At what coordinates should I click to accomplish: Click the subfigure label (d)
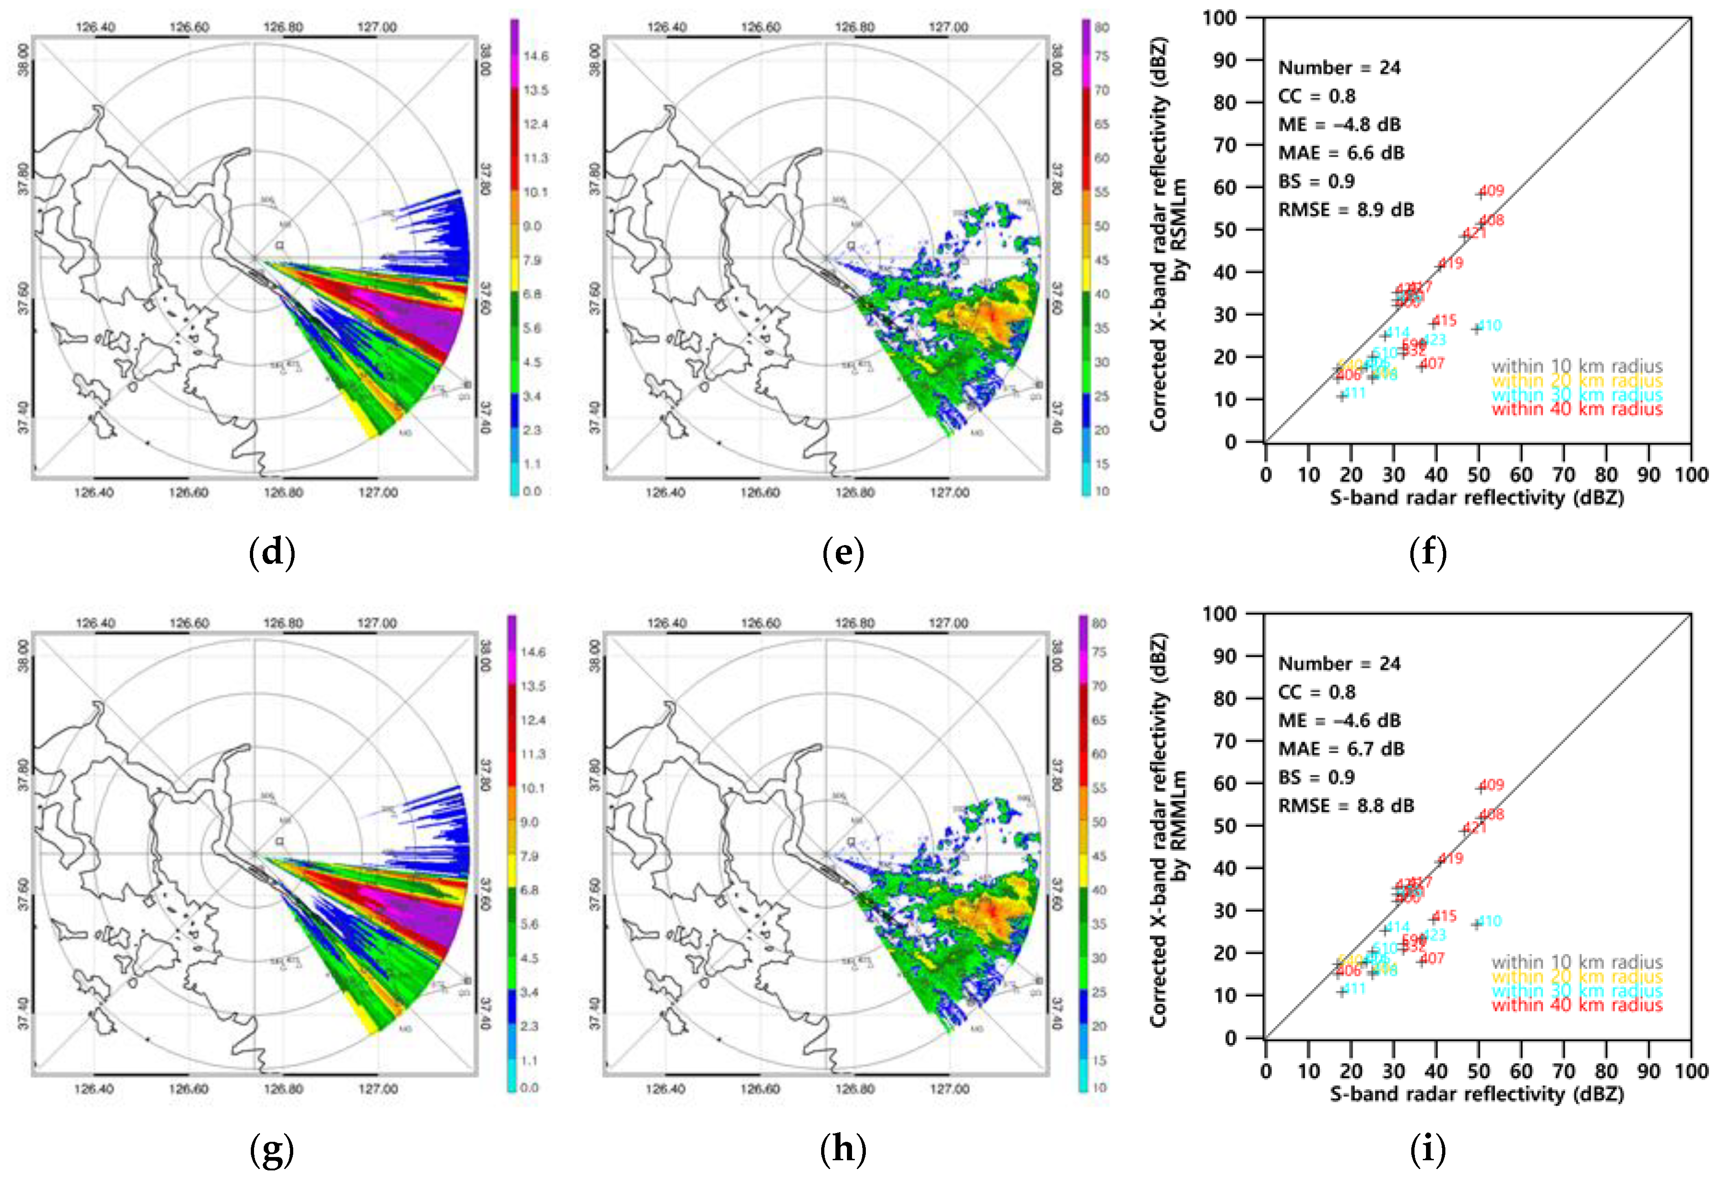click(x=272, y=553)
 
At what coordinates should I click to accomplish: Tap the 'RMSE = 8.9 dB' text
click(x=1346, y=210)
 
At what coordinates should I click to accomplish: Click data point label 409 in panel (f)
click(x=1491, y=190)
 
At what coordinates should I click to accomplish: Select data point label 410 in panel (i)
click(x=1489, y=921)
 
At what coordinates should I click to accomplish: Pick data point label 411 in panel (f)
click(x=1354, y=393)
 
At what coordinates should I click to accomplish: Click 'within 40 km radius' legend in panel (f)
click(x=1577, y=409)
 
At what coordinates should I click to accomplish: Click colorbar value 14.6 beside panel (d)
click(x=536, y=56)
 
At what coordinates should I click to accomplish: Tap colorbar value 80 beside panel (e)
click(x=1102, y=27)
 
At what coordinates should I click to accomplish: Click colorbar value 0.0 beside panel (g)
click(x=529, y=1087)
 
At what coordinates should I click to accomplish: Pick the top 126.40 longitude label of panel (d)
click(x=95, y=27)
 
